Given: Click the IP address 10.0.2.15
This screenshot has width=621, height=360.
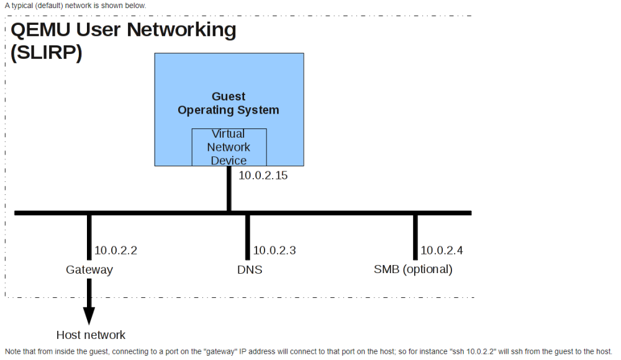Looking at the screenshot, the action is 263,176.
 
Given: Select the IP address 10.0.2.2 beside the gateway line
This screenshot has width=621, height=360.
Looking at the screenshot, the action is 116,250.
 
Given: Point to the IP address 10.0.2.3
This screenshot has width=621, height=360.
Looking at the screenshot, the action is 274,250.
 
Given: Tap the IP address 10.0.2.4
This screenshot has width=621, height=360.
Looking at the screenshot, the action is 442,250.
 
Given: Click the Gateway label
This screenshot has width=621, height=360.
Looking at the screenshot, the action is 89,270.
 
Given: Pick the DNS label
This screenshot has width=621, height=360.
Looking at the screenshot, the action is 250,270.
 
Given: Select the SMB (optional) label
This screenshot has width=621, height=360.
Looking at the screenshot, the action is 413,269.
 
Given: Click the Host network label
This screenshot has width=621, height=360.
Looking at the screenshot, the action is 91,335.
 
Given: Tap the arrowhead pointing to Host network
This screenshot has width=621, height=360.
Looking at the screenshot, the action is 89,316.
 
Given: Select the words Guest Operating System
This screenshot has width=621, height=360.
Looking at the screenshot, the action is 229,103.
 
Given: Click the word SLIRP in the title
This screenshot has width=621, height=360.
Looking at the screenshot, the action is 47,52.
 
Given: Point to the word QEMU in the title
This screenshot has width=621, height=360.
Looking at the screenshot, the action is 41,30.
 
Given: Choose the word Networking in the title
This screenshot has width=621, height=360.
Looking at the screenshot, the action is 181,30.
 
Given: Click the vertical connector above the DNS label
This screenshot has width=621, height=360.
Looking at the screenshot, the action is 248,237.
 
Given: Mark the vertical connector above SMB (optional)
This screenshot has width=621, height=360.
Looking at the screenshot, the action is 415,237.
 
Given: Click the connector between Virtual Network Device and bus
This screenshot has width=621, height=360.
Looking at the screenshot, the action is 229,189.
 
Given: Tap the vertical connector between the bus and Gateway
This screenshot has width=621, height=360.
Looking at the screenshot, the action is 89,237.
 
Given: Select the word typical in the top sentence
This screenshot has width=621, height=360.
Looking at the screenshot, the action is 22,6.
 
